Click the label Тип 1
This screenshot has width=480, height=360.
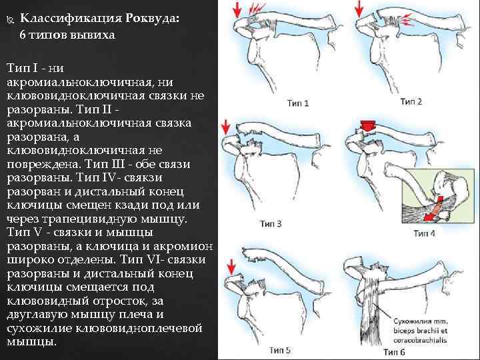[297, 103]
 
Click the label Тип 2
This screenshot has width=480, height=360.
[411, 101]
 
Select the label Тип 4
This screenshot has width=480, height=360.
[425, 233]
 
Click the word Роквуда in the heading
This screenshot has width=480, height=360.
[149, 19]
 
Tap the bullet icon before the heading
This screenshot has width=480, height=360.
[9, 19]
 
